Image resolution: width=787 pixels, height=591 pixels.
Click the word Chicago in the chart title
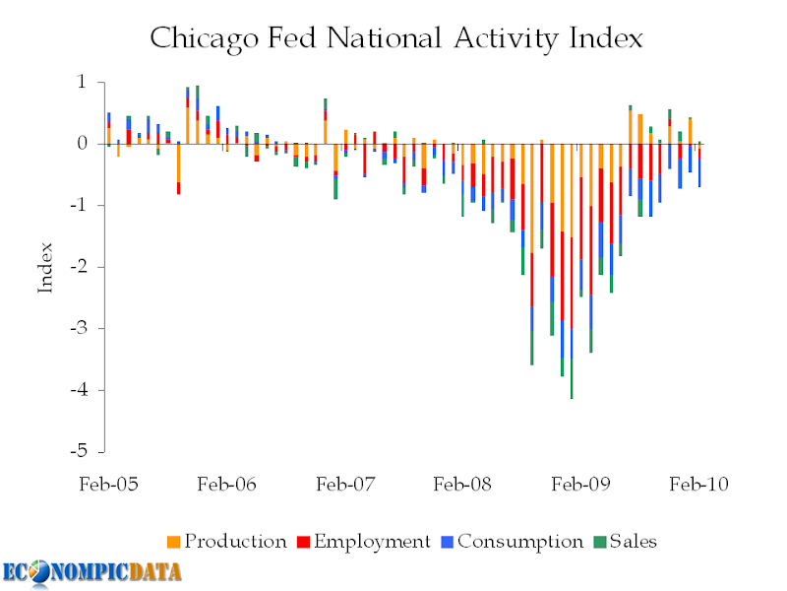click(205, 39)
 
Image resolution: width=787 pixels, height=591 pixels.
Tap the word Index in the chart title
click(606, 37)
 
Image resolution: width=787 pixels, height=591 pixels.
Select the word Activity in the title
click(506, 39)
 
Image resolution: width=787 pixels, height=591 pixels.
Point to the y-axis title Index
click(45, 268)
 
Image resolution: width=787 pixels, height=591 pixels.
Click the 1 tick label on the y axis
click(82, 82)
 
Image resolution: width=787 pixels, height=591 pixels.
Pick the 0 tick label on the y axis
click(82, 144)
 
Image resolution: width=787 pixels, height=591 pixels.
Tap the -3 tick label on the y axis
click(79, 329)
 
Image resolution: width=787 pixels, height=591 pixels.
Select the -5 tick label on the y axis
click(79, 452)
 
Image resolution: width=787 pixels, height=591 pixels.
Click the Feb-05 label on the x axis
click(108, 485)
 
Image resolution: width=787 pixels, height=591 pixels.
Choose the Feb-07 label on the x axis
click(345, 485)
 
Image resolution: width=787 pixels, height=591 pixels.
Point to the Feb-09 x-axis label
click(580, 485)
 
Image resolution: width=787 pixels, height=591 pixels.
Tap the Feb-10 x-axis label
click(698, 485)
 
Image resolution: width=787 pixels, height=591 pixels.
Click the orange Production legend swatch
click(174, 543)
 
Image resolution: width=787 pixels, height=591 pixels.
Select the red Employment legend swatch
click(303, 543)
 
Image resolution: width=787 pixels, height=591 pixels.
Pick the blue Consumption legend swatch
click(448, 543)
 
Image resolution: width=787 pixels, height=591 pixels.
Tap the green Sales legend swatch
click(600, 543)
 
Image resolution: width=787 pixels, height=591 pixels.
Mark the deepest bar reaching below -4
click(572, 272)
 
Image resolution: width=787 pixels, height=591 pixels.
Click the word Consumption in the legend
click(520, 542)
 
